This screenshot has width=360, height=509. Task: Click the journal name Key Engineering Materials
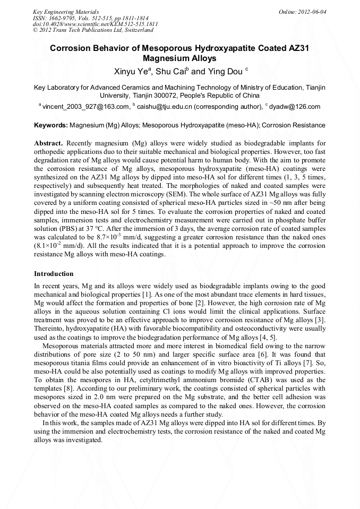point(65,11)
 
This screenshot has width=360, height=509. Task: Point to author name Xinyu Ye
point(132,71)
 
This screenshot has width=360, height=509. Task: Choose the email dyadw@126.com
point(295,107)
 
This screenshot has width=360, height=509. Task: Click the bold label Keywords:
point(50,126)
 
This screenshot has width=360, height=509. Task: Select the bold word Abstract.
point(49,144)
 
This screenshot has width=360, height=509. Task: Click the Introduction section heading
point(54,274)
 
